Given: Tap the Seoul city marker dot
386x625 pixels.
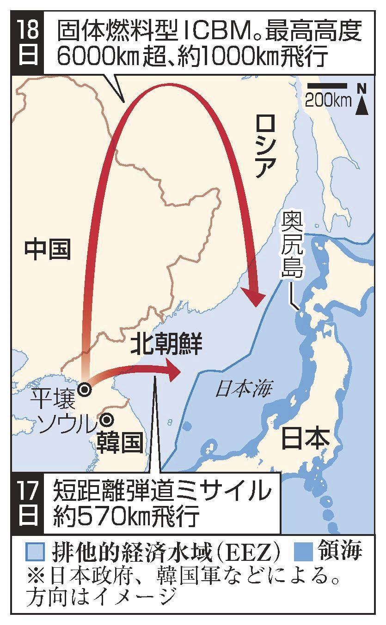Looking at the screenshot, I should [x=107, y=420].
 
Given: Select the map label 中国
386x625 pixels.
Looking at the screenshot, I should [x=48, y=250].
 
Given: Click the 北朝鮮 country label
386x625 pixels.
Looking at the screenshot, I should [x=166, y=345].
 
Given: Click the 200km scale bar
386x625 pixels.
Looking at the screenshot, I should [x=327, y=85].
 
